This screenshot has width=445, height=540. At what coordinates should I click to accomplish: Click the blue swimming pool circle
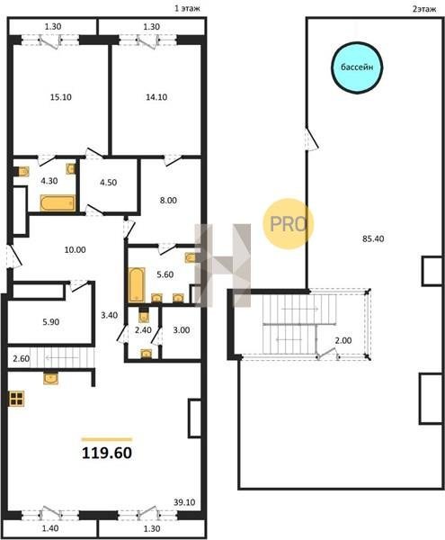click(357, 67)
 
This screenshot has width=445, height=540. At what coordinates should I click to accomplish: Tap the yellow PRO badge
click(289, 224)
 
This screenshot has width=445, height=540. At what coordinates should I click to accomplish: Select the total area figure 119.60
click(107, 454)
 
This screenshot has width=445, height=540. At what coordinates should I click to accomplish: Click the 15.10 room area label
click(61, 97)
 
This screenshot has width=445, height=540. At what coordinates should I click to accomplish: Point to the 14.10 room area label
click(156, 97)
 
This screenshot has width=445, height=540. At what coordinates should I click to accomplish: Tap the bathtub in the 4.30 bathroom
click(58, 203)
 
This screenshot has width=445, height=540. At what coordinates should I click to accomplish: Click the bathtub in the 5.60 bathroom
click(137, 284)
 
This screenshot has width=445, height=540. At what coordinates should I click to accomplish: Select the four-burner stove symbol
click(17, 399)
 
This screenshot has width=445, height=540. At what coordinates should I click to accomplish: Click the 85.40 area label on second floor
click(373, 238)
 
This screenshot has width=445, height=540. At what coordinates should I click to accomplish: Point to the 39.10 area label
click(184, 502)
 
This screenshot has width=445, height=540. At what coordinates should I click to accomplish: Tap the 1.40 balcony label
click(50, 528)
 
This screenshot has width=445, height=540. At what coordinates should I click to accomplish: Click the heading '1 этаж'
click(187, 9)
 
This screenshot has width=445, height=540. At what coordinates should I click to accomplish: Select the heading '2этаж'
click(424, 9)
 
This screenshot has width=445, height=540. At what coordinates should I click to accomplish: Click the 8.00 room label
click(168, 201)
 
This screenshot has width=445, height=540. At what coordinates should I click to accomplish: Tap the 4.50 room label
click(108, 182)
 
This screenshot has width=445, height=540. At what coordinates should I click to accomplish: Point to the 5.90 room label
click(51, 322)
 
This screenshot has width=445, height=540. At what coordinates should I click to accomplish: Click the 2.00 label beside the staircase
click(343, 340)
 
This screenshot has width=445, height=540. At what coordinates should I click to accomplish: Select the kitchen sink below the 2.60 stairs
click(50, 378)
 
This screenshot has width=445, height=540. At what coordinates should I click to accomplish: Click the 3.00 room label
click(182, 330)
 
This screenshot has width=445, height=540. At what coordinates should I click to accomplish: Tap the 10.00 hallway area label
click(75, 249)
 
